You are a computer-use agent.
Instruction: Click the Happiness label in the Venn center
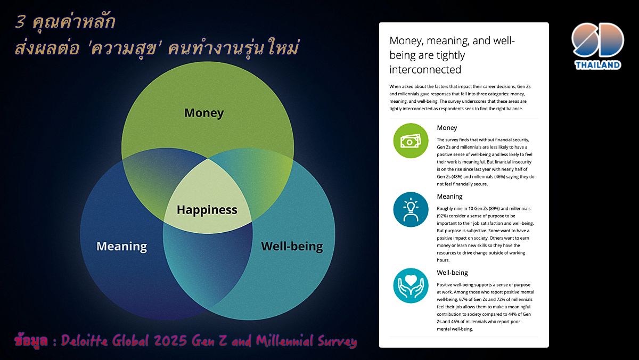point(207,210)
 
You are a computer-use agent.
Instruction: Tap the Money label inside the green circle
point(204,113)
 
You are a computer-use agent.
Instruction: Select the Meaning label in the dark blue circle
point(122,246)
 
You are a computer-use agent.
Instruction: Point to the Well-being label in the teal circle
point(292,246)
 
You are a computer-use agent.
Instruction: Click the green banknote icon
point(411,141)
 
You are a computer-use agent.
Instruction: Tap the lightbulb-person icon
point(411,209)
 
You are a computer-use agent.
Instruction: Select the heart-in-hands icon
point(411,285)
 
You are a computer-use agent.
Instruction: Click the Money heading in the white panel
point(447,128)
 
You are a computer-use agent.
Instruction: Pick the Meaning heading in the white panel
point(449,197)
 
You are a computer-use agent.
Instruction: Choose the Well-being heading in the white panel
point(452,273)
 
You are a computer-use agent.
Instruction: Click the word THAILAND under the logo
point(597,65)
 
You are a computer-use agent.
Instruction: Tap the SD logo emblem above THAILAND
point(597,40)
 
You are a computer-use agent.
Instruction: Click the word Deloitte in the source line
point(85,341)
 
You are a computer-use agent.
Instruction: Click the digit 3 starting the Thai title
point(20,22)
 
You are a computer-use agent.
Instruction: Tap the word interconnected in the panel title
point(425,70)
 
